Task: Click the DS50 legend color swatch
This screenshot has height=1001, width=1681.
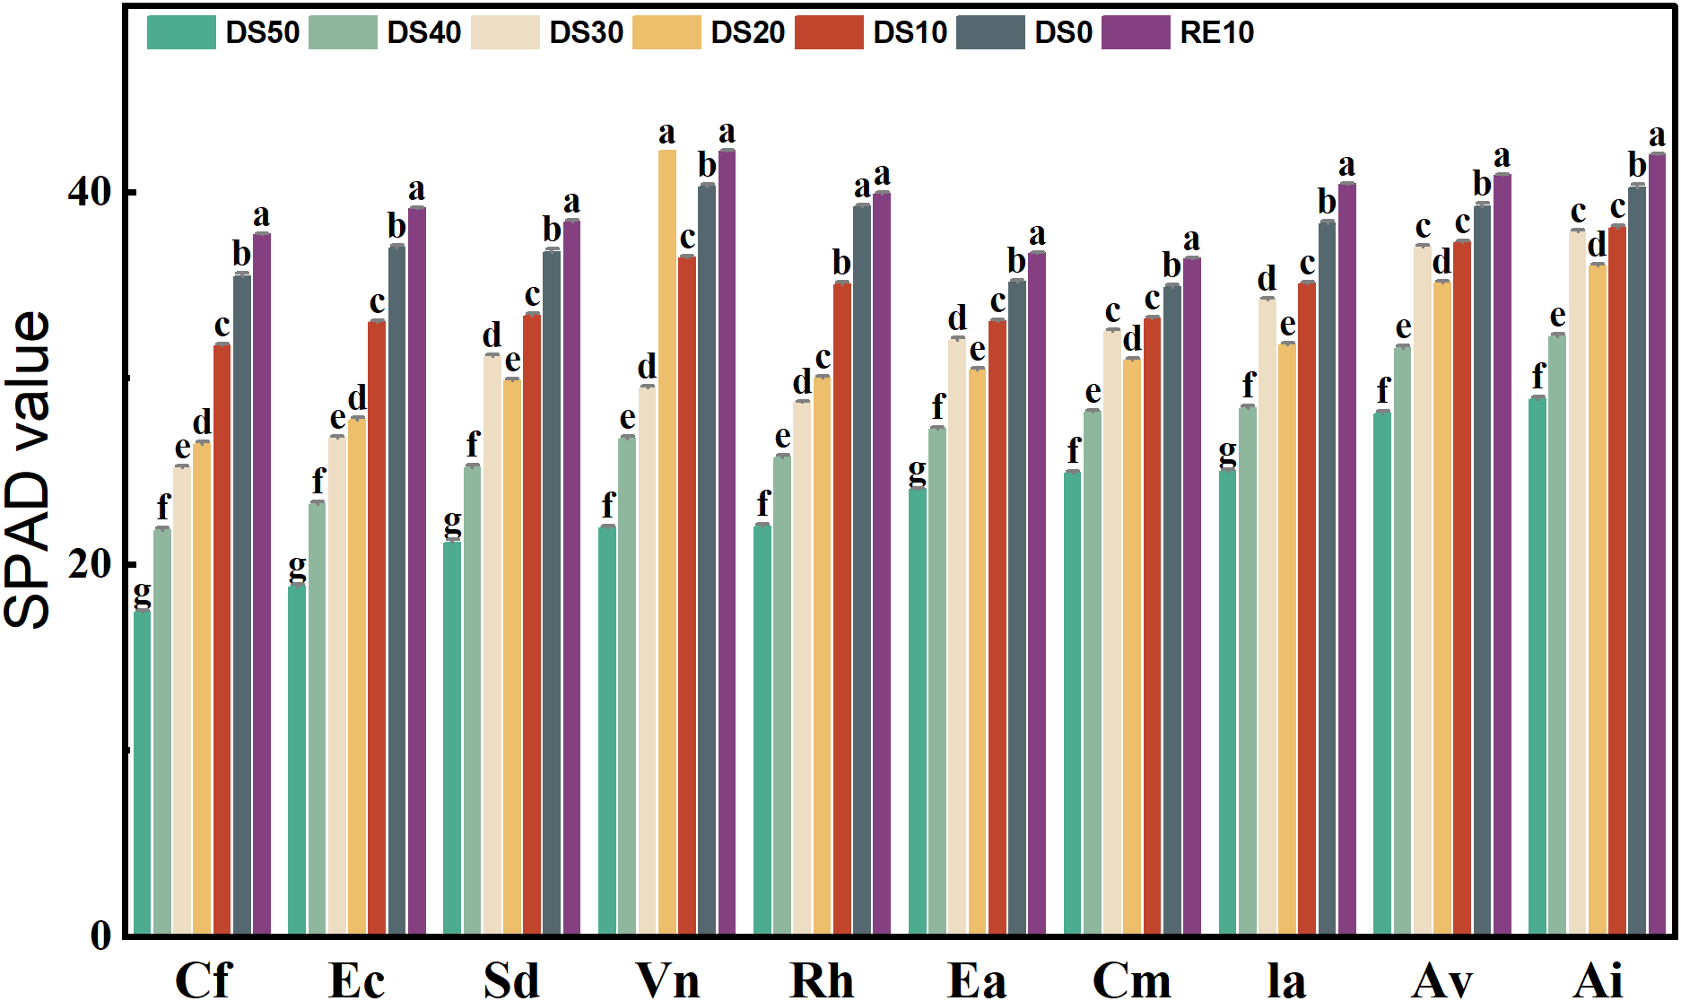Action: click(x=181, y=32)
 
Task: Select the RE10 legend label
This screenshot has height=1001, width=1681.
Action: click(x=1215, y=32)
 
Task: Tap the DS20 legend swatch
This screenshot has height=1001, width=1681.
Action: click(x=666, y=32)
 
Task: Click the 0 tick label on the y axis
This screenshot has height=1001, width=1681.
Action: click(x=100, y=936)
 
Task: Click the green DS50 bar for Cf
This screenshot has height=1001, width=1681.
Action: click(x=142, y=771)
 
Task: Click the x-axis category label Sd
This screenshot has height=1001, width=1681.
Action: click(x=511, y=979)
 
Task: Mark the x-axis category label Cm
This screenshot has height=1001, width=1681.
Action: click(x=1131, y=979)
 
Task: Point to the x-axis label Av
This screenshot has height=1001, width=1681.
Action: click(x=1441, y=979)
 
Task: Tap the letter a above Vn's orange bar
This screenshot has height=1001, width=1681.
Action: click(x=666, y=134)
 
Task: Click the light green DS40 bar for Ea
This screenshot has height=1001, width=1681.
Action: click(x=937, y=681)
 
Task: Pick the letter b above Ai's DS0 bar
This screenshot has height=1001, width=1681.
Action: click(x=1637, y=165)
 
